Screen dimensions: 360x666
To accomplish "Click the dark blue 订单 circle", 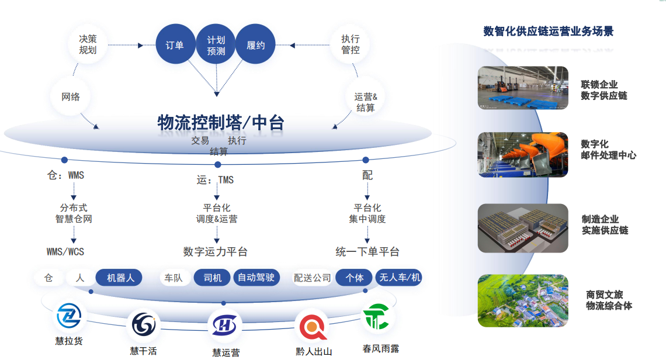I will [175, 45].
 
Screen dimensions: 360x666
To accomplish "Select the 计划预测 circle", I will [216, 45].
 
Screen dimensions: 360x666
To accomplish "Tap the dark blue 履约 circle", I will [256, 45].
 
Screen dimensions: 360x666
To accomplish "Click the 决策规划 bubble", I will [88, 44].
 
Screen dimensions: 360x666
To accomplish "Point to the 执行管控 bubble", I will [351, 44].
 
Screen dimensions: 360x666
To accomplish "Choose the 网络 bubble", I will [71, 96].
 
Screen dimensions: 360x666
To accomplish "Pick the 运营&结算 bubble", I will [366, 102].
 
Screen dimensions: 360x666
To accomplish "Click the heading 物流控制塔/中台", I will [221, 123].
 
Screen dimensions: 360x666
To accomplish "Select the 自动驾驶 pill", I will [256, 278].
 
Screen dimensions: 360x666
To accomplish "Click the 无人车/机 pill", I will [400, 278].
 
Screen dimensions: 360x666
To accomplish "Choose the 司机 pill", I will [212, 278].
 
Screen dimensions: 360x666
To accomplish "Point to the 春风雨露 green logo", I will [377, 317].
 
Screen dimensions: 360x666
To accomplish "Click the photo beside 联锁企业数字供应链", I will [522, 88].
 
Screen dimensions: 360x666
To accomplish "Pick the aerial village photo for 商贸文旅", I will [522, 300].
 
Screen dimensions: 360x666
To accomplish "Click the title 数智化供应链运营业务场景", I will [548, 32].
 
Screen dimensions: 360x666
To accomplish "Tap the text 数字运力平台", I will [215, 252].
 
